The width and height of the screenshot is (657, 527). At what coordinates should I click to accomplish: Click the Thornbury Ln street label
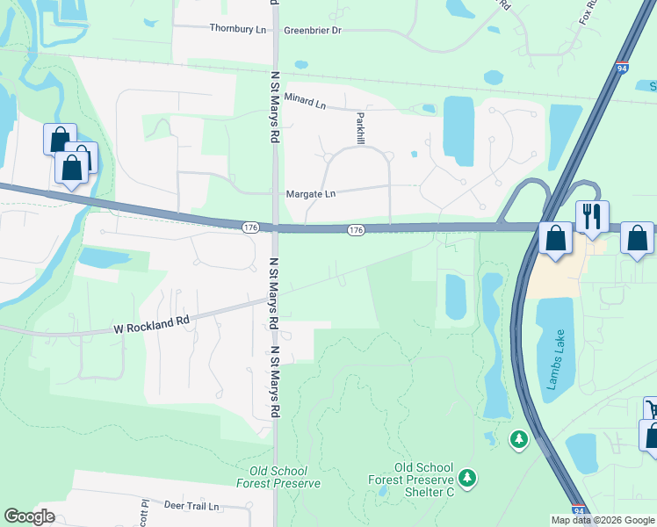coord(237,29)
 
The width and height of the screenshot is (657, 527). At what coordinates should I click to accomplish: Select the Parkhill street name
coord(359,127)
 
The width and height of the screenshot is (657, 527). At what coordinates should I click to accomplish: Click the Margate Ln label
coord(311,194)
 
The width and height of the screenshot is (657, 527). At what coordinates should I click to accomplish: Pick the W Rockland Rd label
coord(152,325)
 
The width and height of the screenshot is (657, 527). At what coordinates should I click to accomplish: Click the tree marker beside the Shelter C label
coord(468,477)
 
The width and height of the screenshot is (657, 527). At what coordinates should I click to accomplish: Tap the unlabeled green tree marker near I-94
coord(518,437)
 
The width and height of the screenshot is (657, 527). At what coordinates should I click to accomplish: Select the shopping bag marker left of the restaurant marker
coord(556,237)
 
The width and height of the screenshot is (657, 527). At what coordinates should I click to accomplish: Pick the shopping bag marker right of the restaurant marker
coord(637,237)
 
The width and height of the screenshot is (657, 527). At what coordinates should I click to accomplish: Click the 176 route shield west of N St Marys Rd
coord(250,227)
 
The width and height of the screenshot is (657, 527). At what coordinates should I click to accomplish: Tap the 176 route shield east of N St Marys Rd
coord(355,230)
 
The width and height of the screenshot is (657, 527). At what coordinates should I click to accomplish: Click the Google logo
coord(30,516)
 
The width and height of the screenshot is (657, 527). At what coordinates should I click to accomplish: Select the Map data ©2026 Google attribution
coord(603,520)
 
